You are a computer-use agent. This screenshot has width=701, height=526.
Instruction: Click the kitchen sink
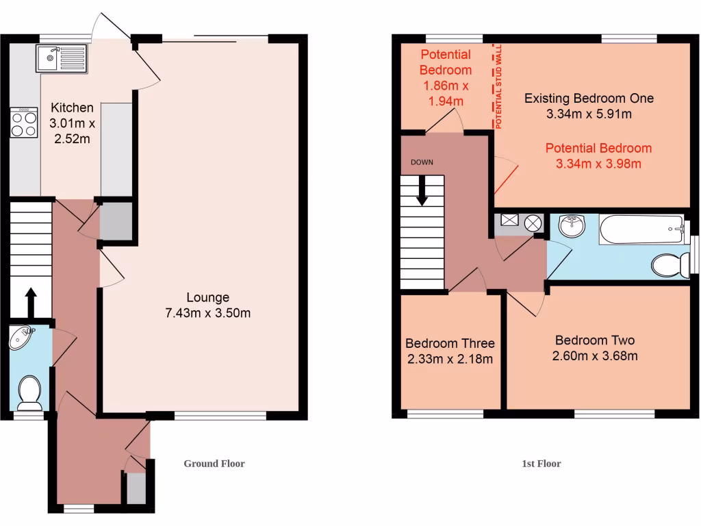pos(61,58)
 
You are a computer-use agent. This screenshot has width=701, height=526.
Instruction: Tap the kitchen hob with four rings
pos(24,123)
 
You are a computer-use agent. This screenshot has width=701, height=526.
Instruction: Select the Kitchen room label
pos(72,108)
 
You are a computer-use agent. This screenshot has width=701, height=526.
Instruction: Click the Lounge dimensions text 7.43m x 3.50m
pos(208,314)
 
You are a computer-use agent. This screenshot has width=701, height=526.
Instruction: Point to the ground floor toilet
pos(29,390)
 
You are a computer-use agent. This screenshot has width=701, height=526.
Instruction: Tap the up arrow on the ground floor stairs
pos(31,301)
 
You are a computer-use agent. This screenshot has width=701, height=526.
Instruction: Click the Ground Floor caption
pos(214,464)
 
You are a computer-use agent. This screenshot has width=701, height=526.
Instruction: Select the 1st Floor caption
pos(541,464)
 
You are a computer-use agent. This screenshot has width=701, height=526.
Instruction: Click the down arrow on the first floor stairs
pos(422,191)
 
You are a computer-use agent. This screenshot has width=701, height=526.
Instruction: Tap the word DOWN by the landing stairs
pos(422,162)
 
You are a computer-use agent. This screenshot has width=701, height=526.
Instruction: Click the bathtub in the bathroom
pos(641,229)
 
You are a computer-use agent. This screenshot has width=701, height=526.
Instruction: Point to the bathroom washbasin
pos(571,225)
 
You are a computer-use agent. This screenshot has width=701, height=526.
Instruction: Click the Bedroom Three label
pos(450,343)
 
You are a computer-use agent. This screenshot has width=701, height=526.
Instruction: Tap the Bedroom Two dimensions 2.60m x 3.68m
pos(595,355)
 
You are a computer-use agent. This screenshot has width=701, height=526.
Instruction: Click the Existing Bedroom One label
pos(589,98)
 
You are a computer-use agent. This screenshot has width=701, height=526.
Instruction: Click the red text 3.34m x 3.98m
pos(598,164)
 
